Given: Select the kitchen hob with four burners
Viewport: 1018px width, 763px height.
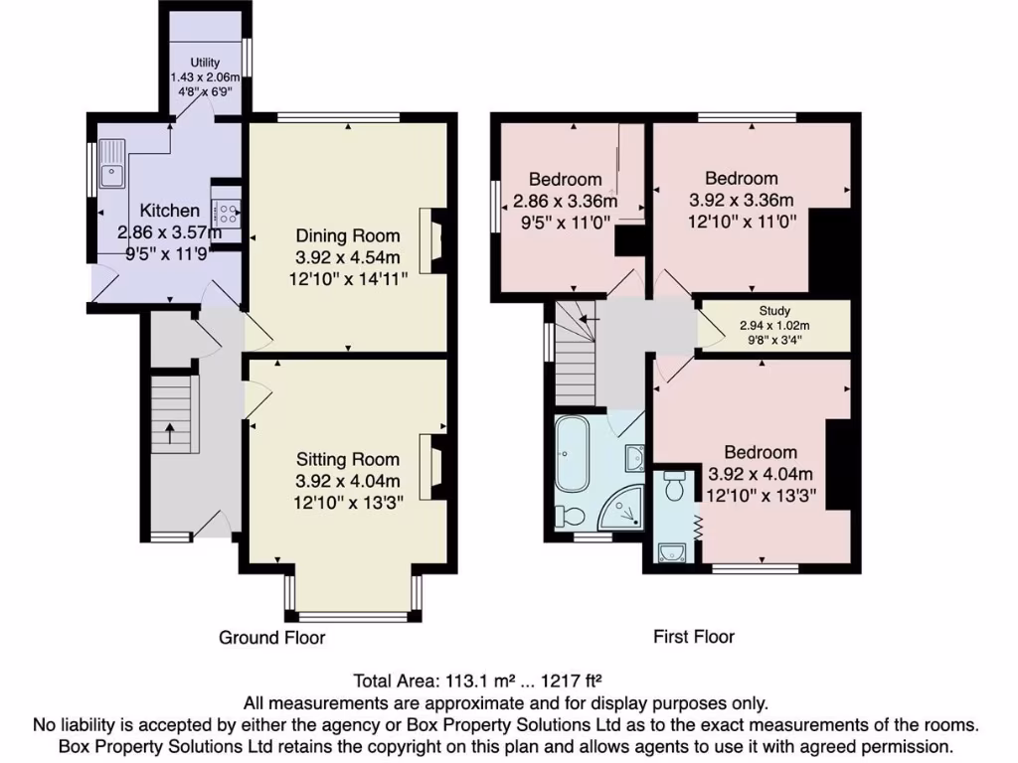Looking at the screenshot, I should click(x=228, y=212).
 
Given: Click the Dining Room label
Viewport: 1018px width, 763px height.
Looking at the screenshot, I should click(x=348, y=235).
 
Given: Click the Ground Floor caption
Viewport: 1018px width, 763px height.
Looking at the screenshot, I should click(x=271, y=637).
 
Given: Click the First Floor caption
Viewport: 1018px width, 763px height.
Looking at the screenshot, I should click(x=693, y=637).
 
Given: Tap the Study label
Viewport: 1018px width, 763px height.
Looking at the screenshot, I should click(x=773, y=311).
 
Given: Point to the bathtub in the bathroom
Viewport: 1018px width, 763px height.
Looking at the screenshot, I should click(x=573, y=454).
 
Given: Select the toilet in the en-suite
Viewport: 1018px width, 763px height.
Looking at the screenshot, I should click(x=674, y=488).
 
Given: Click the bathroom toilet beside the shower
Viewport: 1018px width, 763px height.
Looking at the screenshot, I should click(x=570, y=516).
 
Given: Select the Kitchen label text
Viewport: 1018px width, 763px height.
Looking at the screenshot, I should click(x=169, y=211).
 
